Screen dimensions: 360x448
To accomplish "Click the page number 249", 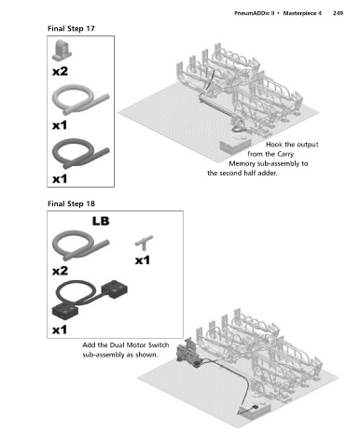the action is pyautogui.click(x=338, y=13).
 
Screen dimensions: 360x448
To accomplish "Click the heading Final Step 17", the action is pyautogui.click(x=71, y=29).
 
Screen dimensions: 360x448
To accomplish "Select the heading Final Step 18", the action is pyautogui.click(x=71, y=203).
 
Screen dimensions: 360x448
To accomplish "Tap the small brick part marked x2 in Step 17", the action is pyautogui.click(x=62, y=50).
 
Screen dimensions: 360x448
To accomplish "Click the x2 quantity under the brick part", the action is pyautogui.click(x=60, y=71).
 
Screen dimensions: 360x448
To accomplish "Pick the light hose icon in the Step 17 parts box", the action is pyautogui.click(x=80, y=100).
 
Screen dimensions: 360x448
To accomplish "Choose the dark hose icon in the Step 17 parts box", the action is pyautogui.click(x=80, y=153).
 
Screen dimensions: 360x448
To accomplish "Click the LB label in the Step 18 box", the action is pyautogui.click(x=101, y=221).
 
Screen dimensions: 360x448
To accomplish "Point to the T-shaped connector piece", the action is pyautogui.click(x=144, y=243).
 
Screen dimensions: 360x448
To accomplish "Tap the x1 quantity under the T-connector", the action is pyautogui.click(x=143, y=260).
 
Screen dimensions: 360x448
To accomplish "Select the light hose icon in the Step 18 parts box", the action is pyautogui.click(x=80, y=245).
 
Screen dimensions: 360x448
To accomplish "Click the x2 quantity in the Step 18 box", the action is pyautogui.click(x=60, y=271).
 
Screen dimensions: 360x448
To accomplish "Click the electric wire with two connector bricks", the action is pyautogui.click(x=90, y=298).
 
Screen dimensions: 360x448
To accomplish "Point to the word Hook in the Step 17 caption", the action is pyautogui.click(x=274, y=145).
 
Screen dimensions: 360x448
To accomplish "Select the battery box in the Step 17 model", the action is pyautogui.click(x=235, y=146).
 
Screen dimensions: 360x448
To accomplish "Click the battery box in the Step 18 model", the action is pyautogui.click(x=255, y=410).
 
